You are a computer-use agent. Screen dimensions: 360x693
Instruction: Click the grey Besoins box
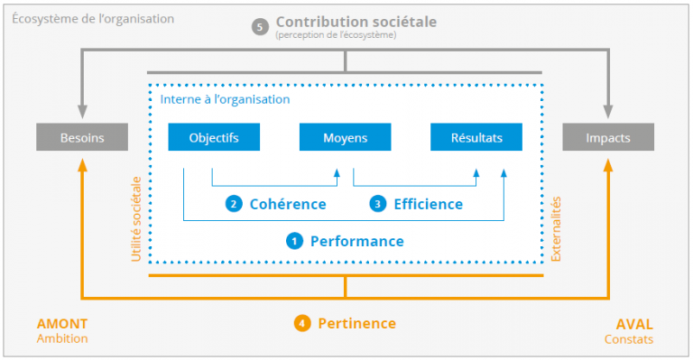82,138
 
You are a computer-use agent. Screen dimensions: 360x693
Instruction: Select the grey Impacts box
608,138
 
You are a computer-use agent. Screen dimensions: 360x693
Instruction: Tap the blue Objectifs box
214,138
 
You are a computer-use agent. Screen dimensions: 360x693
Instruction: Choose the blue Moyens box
345,138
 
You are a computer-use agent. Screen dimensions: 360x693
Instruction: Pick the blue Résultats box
476,138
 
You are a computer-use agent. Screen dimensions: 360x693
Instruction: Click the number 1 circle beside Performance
294,241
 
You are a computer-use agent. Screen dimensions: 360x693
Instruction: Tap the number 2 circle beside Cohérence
234,204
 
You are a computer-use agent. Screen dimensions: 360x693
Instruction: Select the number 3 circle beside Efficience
378,204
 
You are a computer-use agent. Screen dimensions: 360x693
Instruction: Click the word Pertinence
356,323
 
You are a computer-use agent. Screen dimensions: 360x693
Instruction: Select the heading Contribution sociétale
345,21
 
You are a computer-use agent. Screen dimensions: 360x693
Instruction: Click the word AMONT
62,324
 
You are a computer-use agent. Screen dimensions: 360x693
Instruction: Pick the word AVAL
633,324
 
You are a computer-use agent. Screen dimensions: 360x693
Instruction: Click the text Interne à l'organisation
225,99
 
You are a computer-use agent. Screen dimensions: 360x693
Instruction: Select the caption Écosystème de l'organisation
93,18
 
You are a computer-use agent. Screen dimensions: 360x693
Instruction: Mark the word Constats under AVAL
628,340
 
